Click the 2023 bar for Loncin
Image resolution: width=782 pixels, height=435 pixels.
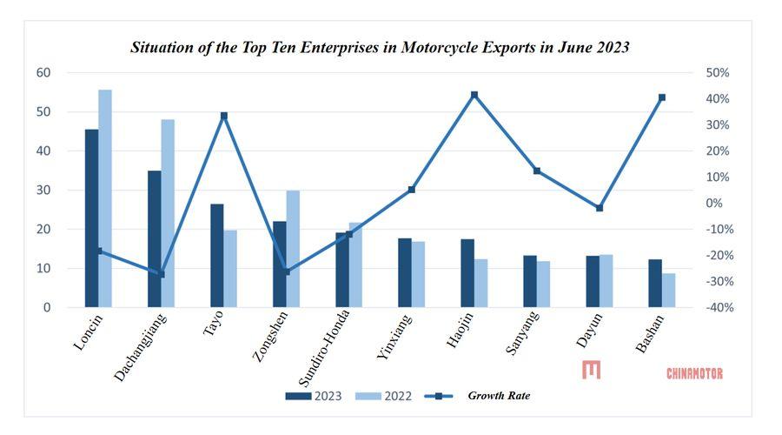point(91,217)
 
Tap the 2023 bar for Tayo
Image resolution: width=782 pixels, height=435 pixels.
point(216,255)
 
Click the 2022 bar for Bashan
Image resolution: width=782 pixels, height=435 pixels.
point(668,290)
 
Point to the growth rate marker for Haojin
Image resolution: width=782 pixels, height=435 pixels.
point(474,95)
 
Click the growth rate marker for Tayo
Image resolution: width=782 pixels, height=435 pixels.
point(223,116)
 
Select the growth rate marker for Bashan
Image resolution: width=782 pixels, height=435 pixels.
point(661,97)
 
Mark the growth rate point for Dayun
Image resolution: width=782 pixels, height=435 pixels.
point(599,208)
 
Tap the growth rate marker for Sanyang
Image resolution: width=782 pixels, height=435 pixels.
point(536,171)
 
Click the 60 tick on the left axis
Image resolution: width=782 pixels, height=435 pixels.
point(43,73)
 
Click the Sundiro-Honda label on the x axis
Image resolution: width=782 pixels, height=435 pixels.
point(326,349)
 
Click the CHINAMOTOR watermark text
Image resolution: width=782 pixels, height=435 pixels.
point(694,373)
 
